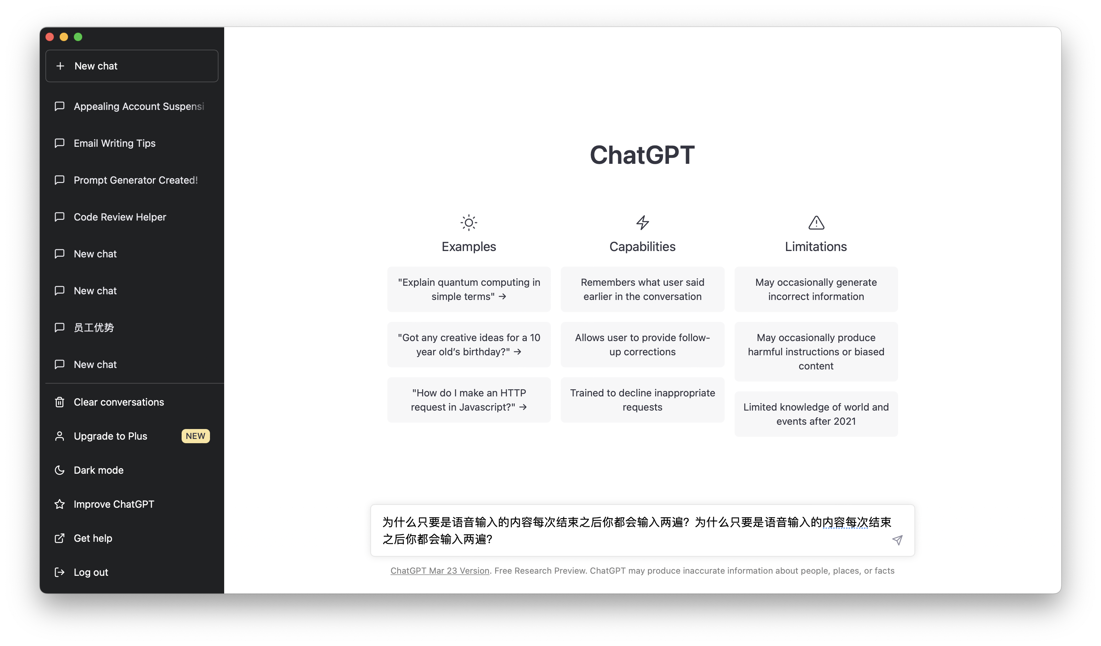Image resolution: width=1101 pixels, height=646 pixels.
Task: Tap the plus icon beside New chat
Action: (x=60, y=66)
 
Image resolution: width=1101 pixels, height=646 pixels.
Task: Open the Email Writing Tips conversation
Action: (x=115, y=143)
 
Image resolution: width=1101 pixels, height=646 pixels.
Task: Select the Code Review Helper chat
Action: (x=120, y=217)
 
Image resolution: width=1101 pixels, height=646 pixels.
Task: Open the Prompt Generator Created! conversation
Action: (x=135, y=180)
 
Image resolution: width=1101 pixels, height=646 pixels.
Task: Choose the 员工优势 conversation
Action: (x=94, y=328)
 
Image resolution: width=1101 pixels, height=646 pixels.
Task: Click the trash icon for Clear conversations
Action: (x=60, y=402)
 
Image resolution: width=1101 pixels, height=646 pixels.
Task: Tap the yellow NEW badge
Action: (x=195, y=436)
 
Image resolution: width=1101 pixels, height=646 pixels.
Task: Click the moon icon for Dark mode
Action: (x=60, y=470)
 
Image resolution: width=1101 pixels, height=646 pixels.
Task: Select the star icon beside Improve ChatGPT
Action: (x=60, y=504)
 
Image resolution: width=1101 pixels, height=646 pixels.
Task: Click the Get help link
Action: (x=93, y=538)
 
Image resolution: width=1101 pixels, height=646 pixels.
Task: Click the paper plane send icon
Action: (x=897, y=540)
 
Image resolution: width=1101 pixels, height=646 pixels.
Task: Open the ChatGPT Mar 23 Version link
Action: (x=439, y=570)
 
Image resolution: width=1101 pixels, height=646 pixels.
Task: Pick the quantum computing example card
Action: (x=469, y=289)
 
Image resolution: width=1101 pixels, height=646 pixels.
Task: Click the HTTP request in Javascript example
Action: (x=469, y=400)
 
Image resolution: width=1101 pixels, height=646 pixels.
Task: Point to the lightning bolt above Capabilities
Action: (x=642, y=223)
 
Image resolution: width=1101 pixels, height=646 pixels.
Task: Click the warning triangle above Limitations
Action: (x=816, y=223)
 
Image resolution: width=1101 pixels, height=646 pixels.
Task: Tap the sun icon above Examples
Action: (x=469, y=223)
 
